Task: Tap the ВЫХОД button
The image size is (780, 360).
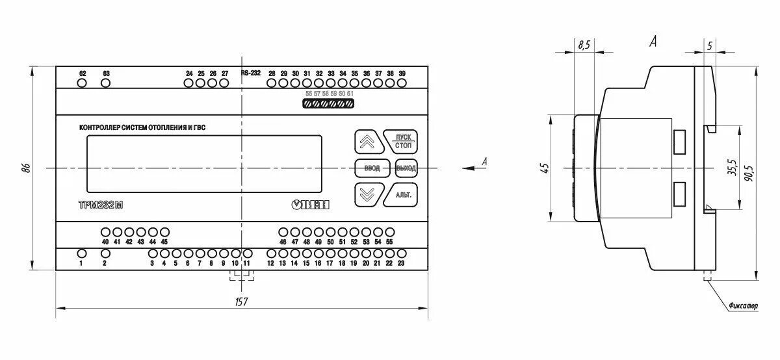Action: coord(406,168)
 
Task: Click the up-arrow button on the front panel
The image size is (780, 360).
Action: coord(367,141)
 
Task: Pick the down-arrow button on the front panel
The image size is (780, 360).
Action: coord(367,195)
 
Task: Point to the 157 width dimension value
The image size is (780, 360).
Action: coord(242,302)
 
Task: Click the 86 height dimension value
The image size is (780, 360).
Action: coord(26,168)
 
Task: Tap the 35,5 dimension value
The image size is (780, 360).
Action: coord(731,168)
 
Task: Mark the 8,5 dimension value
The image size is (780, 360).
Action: coord(584,45)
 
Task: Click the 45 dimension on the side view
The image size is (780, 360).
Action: coord(545,168)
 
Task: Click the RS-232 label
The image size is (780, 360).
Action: coord(250,73)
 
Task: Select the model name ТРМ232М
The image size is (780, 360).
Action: coord(100,205)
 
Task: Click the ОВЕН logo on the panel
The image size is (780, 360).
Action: coord(311,205)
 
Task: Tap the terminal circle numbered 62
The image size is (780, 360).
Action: coord(82,83)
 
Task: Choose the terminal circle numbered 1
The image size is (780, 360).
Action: coord(81,253)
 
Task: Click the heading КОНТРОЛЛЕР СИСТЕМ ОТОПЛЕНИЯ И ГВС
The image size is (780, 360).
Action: coord(146,127)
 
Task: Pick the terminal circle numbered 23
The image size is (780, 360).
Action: coord(401,253)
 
